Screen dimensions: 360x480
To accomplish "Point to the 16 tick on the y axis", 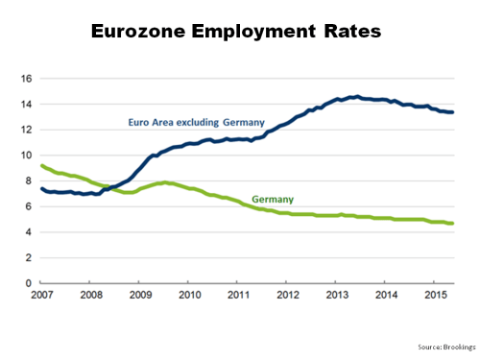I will pos(28,79).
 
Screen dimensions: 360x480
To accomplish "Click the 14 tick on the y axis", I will pos(28,104).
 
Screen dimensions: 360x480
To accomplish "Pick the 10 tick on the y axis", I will pos(28,156).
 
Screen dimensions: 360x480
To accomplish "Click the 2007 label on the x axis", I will pos(41,294).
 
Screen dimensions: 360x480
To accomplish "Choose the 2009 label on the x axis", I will pos(140,294).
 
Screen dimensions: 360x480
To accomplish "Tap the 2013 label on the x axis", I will pos(337,294).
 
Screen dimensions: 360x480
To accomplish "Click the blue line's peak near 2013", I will pos(356,96).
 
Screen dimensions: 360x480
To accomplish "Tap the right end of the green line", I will pos(452,223).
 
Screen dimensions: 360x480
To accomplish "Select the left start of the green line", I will pos(41,166).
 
